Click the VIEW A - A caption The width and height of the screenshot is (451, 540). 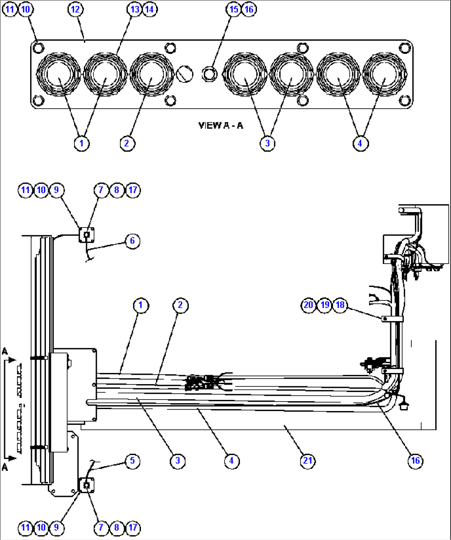221,126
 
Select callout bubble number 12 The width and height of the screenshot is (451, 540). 75,9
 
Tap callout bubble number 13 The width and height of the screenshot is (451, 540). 135,9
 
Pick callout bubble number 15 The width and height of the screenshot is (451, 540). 234,9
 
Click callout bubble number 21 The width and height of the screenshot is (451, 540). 307,460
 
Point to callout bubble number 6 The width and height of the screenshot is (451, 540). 132,241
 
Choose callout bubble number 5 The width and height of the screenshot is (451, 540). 132,460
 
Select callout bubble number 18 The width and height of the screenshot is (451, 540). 340,305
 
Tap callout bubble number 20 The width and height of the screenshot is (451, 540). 308,305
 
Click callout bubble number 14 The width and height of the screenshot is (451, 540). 150,9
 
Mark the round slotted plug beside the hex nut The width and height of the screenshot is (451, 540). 185,74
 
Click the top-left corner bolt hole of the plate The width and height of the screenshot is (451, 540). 38,48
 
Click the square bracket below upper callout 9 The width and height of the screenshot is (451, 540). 87,235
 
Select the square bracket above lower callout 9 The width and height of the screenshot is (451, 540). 86,484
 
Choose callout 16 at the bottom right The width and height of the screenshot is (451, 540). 415,460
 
